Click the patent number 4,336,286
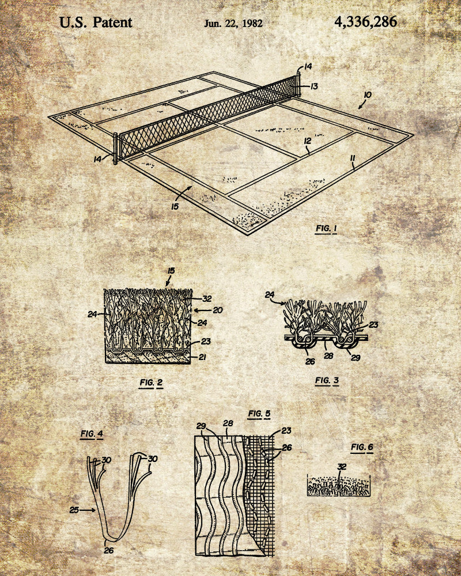tap(365, 22)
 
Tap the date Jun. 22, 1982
tap(233, 24)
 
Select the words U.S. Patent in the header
tap(96, 22)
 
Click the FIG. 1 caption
tap(327, 229)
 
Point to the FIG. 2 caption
tap(151, 383)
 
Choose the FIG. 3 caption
tap(327, 381)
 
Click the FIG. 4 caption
tap(92, 434)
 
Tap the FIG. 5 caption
tap(259, 414)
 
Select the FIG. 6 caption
tap(362, 448)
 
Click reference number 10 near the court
tap(367, 95)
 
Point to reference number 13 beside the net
tap(313, 86)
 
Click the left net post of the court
tap(115, 149)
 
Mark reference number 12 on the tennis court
tap(308, 141)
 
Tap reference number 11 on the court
tap(353, 158)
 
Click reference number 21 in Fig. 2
tap(202, 357)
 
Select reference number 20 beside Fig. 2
tap(218, 310)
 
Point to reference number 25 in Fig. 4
tap(74, 510)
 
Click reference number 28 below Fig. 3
tap(328, 355)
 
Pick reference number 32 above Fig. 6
tap(342, 467)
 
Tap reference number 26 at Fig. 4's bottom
tap(109, 550)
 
